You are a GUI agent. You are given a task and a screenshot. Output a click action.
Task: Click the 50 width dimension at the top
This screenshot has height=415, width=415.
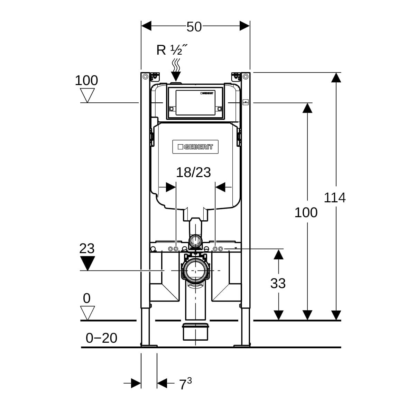194,27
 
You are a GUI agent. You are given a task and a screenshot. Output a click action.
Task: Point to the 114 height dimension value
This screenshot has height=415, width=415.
334,198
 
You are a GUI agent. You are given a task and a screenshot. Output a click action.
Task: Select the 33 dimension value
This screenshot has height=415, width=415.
278,284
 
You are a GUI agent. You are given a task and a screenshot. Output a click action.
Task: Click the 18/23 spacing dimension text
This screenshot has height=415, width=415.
193,172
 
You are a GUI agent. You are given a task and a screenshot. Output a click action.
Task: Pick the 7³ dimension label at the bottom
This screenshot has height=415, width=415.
185,384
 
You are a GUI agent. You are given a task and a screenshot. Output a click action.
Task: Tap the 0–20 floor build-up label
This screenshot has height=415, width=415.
101,338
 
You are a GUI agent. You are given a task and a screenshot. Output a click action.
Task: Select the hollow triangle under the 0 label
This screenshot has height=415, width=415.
87,313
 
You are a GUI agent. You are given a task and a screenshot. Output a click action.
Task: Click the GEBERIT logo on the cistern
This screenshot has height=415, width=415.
195,147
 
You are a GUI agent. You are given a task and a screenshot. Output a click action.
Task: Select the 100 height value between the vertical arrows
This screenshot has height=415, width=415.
306,212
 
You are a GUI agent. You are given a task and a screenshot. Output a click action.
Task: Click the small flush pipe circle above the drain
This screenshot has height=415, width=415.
195,240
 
